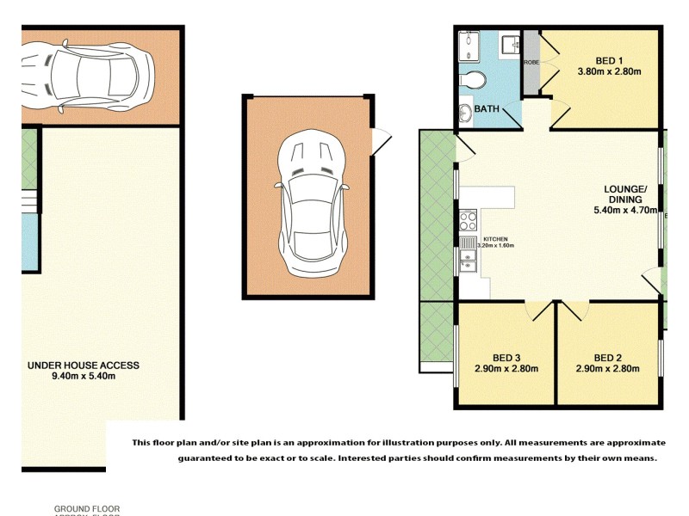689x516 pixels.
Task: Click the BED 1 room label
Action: (x=609, y=59)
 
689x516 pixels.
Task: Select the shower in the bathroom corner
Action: (x=471, y=45)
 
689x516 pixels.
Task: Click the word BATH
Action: (x=487, y=109)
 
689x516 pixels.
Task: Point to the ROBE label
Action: (x=531, y=62)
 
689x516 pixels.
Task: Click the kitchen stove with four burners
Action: (x=468, y=222)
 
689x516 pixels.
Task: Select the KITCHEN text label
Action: (x=495, y=238)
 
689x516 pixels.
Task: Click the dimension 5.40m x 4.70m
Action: (x=626, y=209)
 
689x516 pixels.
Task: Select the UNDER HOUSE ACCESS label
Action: (x=84, y=365)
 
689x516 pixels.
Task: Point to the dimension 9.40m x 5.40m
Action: (x=83, y=376)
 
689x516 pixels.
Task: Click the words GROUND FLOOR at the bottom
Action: (x=87, y=508)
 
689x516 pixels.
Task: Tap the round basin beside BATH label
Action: (x=464, y=113)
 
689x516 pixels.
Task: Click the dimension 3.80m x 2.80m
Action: (x=609, y=71)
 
